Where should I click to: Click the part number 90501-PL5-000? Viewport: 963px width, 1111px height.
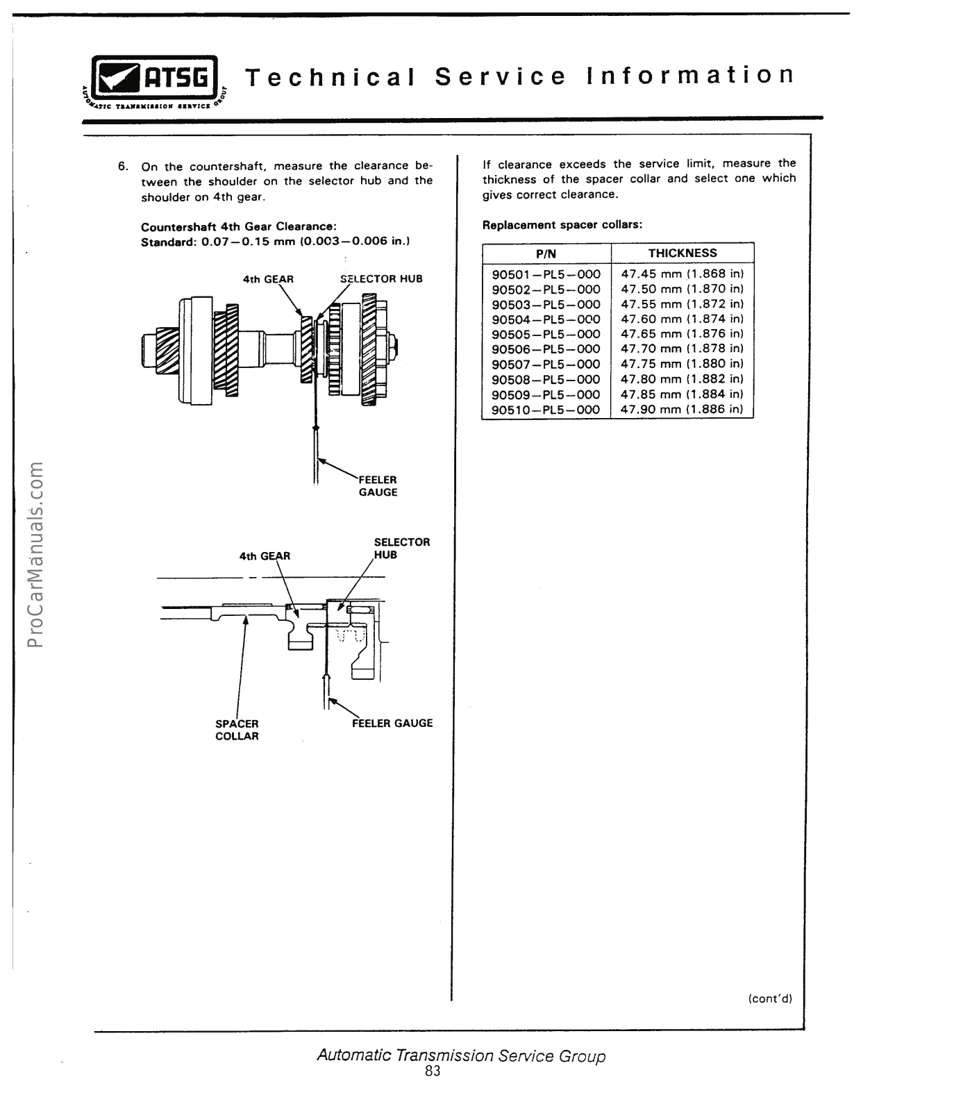coord(546,274)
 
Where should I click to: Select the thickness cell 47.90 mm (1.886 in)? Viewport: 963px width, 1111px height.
coord(682,409)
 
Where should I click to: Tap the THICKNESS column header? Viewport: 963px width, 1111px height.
coord(683,253)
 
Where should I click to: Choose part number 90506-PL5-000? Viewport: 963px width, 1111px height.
coord(546,349)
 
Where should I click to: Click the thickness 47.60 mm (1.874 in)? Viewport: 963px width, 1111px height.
coord(682,319)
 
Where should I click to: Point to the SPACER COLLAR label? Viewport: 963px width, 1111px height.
coord(237,730)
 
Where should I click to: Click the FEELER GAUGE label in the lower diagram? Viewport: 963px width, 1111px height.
coord(392,723)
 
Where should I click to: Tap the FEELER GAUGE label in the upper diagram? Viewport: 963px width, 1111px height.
coord(378,486)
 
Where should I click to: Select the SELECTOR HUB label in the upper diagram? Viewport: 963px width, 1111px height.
coord(381,279)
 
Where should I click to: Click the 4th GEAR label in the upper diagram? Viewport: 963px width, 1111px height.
coord(268,279)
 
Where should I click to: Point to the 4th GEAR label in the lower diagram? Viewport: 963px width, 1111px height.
coord(265,556)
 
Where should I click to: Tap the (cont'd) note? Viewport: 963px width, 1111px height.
coord(770,999)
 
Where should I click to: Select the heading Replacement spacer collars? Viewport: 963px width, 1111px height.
coord(562,225)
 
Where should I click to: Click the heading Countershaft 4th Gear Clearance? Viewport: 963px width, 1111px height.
coord(239,227)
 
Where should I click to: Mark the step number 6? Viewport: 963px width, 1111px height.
coord(123,167)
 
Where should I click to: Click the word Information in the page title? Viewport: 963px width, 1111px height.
coord(689,75)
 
